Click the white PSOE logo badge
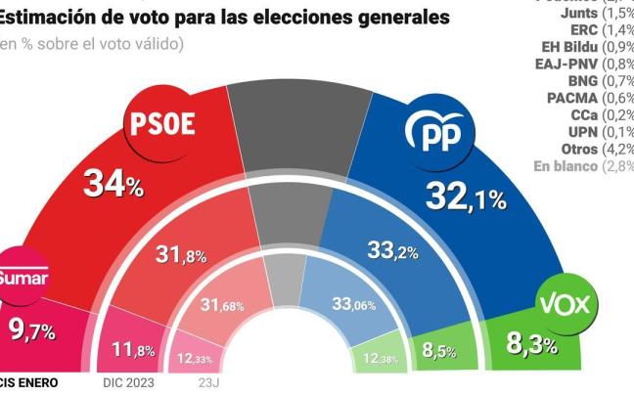[162, 124]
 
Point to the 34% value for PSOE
[113, 183]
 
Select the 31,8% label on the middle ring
[181, 255]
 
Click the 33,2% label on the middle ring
[392, 251]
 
